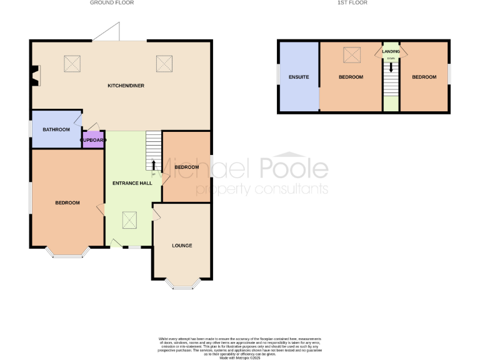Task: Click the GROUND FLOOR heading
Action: click(x=112, y=3)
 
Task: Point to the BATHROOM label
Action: click(x=56, y=129)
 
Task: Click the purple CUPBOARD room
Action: click(x=93, y=140)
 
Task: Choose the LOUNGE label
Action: click(x=182, y=246)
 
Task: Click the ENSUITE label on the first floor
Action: click(x=299, y=77)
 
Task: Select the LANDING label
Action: click(x=391, y=51)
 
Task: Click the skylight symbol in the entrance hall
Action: click(x=129, y=220)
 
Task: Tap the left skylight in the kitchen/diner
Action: click(x=72, y=62)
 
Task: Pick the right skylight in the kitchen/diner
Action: click(x=164, y=62)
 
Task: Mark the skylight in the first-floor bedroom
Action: click(x=351, y=56)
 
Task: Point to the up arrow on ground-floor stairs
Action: click(x=153, y=164)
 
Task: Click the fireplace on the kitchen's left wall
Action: click(x=35, y=75)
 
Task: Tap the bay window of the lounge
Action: click(x=182, y=284)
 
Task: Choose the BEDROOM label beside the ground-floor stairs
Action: click(x=186, y=167)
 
